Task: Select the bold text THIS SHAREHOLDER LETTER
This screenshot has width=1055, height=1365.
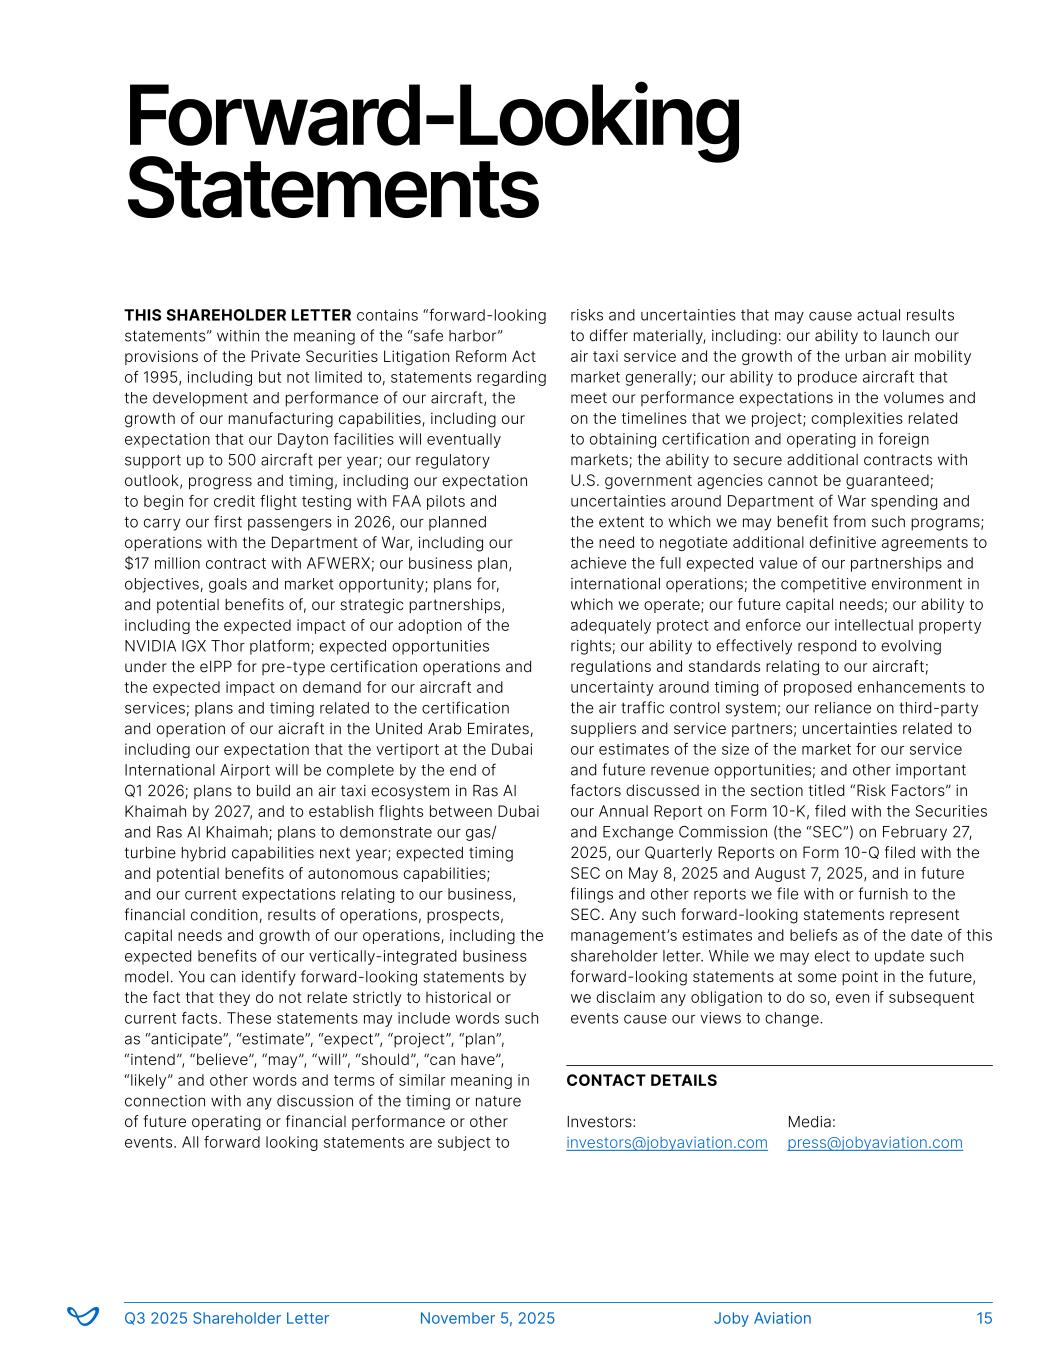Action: [x=238, y=316]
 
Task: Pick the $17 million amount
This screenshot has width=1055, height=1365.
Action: [x=163, y=564]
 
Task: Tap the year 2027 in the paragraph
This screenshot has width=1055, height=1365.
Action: [x=250, y=812]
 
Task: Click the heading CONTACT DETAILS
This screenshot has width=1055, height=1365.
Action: [x=641, y=1081]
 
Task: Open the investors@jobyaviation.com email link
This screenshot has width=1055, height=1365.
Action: [x=667, y=1143]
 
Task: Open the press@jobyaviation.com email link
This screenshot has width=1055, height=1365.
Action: [x=875, y=1143]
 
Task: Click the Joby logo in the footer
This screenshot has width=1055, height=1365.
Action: [x=83, y=1317]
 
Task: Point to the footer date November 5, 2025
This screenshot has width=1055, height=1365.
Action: [x=487, y=1319]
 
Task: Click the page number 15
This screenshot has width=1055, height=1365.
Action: [x=984, y=1319]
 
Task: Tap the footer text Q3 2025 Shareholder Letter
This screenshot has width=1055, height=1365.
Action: [x=226, y=1319]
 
